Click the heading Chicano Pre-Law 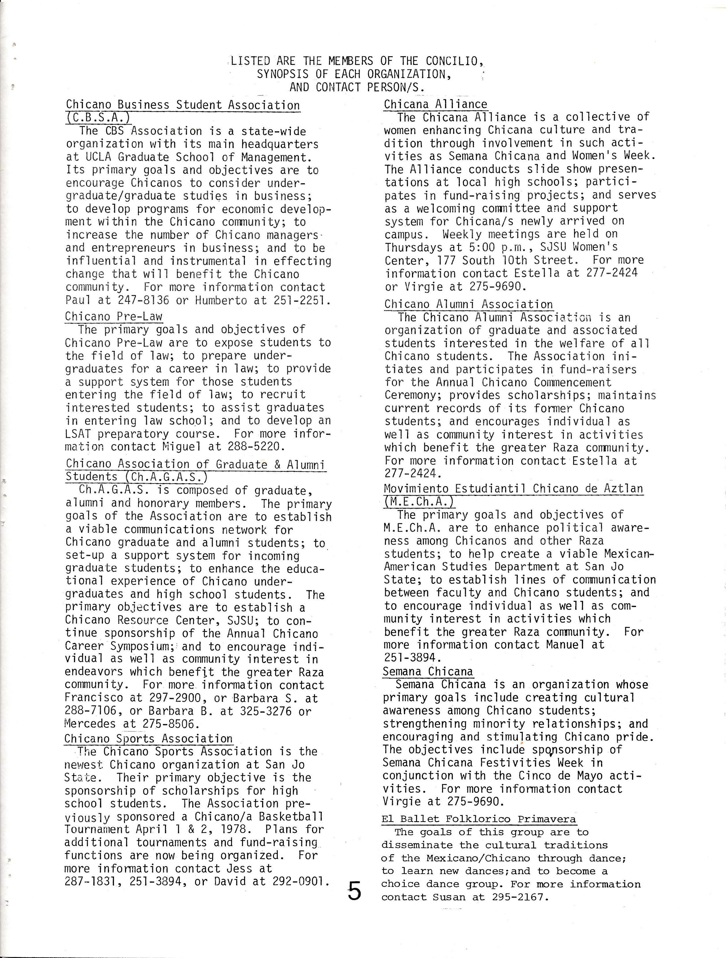pyautogui.click(x=113, y=317)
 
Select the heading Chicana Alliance pyautogui.click(x=435, y=104)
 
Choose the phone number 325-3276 pyautogui.click(x=266, y=711)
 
